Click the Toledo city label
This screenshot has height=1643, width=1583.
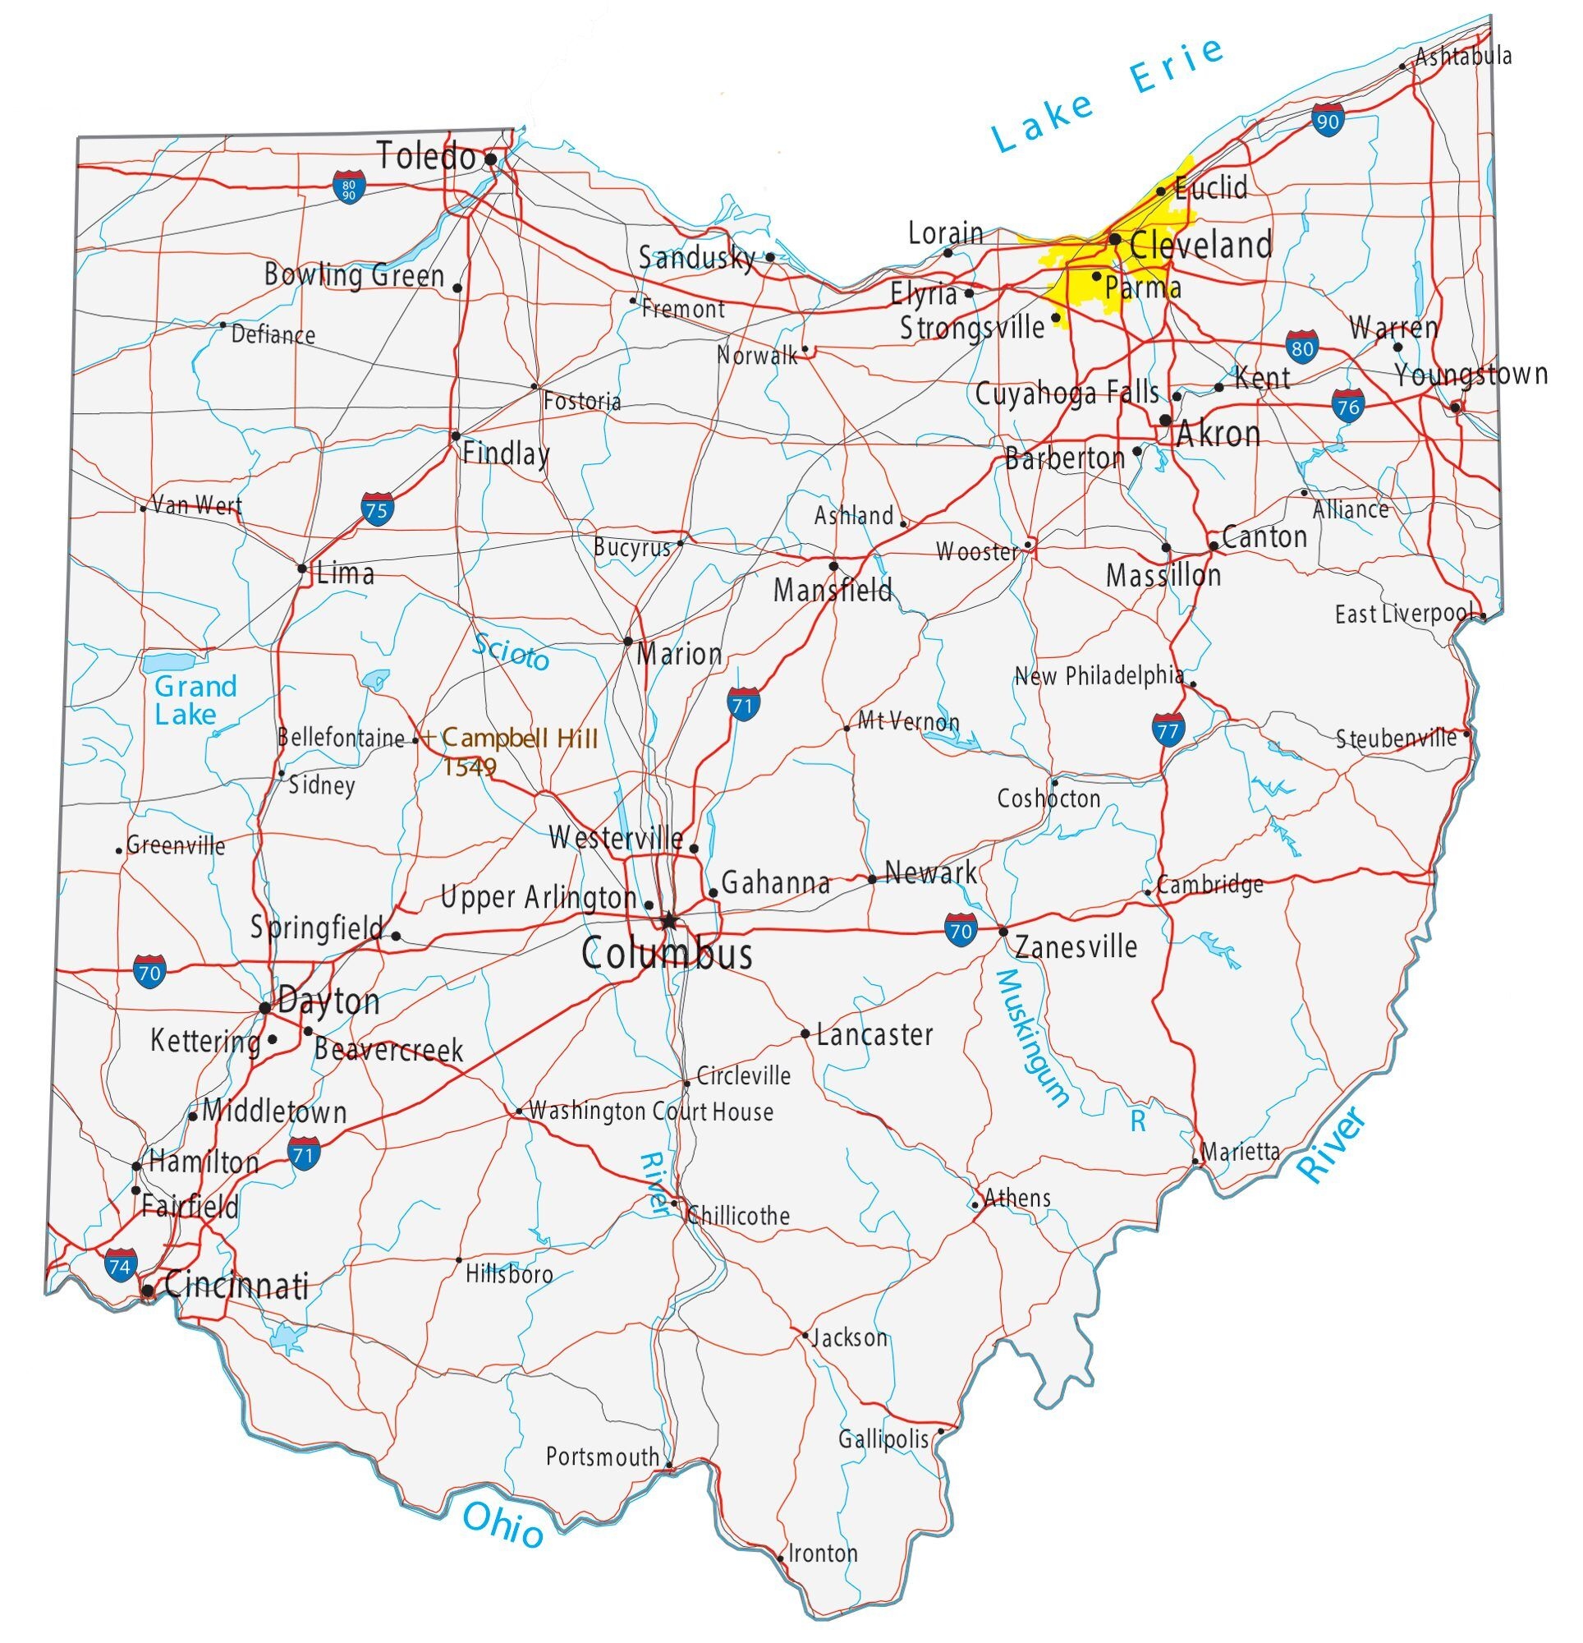pyautogui.click(x=425, y=157)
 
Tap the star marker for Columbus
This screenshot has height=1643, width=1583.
pyautogui.click(x=668, y=922)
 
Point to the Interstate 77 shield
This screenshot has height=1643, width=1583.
pyautogui.click(x=1168, y=731)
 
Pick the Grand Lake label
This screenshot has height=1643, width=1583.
pyautogui.click(x=195, y=700)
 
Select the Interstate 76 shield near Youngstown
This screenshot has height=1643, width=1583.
pyautogui.click(x=1347, y=407)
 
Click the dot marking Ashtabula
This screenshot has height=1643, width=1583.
pyautogui.click(x=1403, y=67)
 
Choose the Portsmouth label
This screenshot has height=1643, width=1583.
pyautogui.click(x=602, y=1457)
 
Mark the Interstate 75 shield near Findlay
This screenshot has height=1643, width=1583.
pyautogui.click(x=377, y=509)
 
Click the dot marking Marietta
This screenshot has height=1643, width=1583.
pyautogui.click(x=1195, y=1162)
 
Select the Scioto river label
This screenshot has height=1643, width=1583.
pyautogui.click(x=512, y=652)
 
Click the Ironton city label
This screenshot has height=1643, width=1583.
pyautogui.click(x=823, y=1553)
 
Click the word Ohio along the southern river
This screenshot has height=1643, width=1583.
pyautogui.click(x=502, y=1524)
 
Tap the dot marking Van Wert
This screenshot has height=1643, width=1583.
pyautogui.click(x=144, y=509)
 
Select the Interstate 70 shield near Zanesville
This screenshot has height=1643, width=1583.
pyautogui.click(x=961, y=931)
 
